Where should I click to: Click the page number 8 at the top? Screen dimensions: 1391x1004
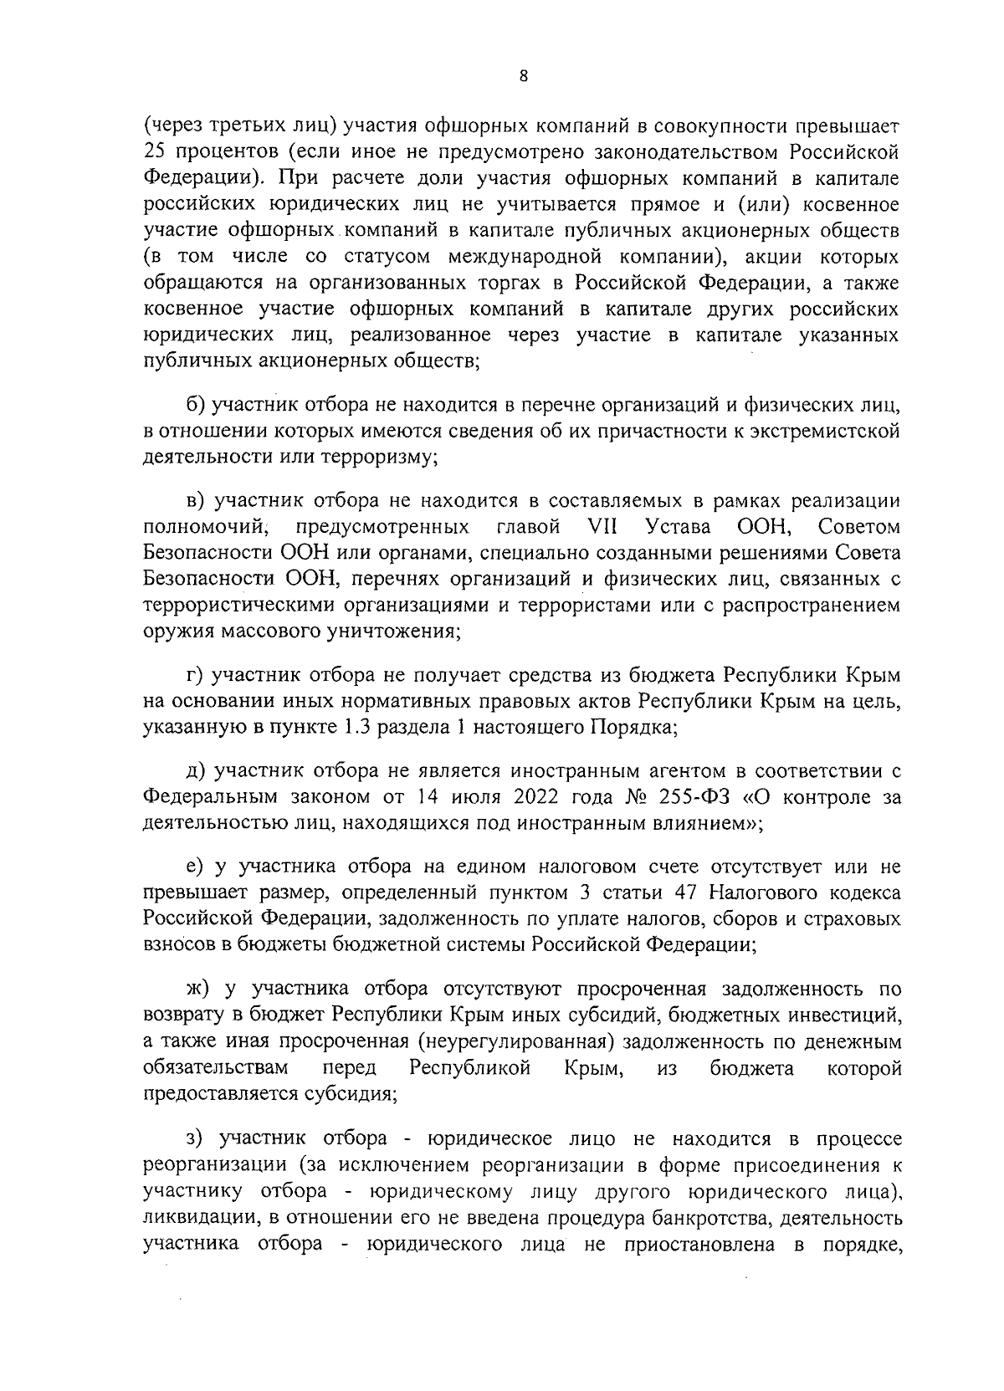click(524, 76)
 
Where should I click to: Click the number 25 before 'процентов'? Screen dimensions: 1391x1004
click(155, 153)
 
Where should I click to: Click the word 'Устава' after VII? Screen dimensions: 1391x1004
click(679, 528)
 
